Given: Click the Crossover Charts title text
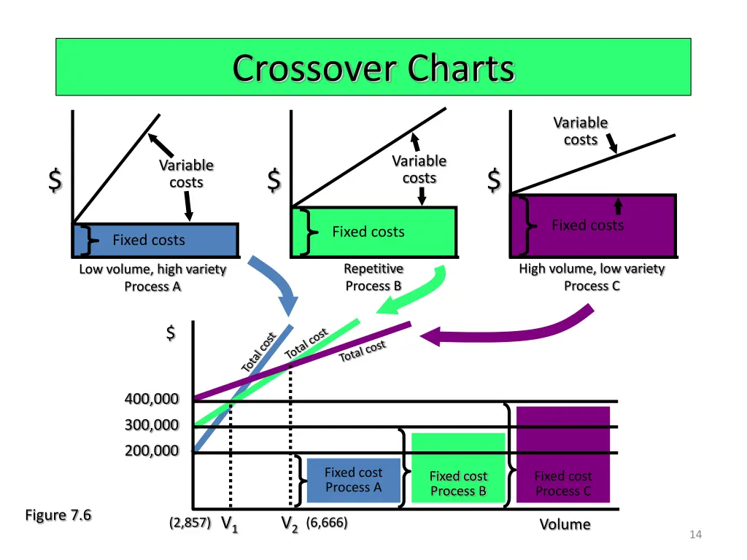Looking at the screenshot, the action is click(373, 68).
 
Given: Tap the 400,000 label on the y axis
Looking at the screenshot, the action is click(152, 399).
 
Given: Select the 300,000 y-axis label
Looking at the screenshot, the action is click(152, 424).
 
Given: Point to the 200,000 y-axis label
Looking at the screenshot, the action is click(152, 450).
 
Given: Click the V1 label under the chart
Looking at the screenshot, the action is click(229, 524).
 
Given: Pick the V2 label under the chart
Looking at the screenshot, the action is click(289, 524).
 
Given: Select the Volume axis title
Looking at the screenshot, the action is click(565, 524).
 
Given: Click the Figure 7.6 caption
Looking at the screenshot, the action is click(58, 515).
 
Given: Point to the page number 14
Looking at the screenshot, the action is click(695, 534).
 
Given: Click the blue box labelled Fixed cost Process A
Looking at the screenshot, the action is click(354, 480).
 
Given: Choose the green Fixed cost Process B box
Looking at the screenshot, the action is click(458, 467).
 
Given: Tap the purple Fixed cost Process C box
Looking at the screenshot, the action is click(563, 454).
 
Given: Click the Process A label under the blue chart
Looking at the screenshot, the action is click(152, 287).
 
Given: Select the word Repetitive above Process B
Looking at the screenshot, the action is click(373, 268).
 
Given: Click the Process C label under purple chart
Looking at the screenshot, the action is click(592, 286).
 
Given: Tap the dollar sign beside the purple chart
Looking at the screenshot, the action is click(494, 180).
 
